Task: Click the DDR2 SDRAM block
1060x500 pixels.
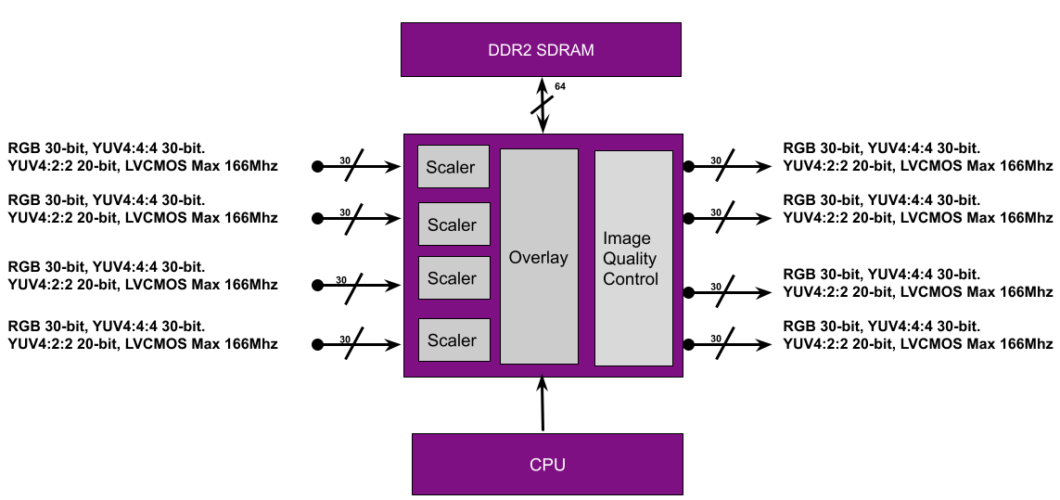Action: tap(542, 50)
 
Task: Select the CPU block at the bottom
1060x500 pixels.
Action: tap(547, 464)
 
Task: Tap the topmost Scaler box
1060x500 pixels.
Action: tap(453, 167)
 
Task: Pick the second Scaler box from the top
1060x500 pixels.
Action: tap(453, 224)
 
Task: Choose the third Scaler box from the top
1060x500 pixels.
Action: tap(453, 278)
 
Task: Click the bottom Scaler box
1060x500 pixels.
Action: tap(453, 340)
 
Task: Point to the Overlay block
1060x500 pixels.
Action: tap(539, 256)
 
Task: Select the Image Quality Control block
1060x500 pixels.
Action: tap(632, 258)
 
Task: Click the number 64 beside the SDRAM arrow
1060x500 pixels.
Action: tap(560, 87)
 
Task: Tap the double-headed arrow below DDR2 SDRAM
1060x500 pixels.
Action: tap(543, 105)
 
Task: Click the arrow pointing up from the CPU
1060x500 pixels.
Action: tap(543, 404)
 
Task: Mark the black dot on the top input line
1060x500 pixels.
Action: tap(317, 167)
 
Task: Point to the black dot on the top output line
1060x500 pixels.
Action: tap(688, 167)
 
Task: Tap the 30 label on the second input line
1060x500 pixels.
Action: tap(345, 212)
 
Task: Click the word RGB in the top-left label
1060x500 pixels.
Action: tap(24, 147)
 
